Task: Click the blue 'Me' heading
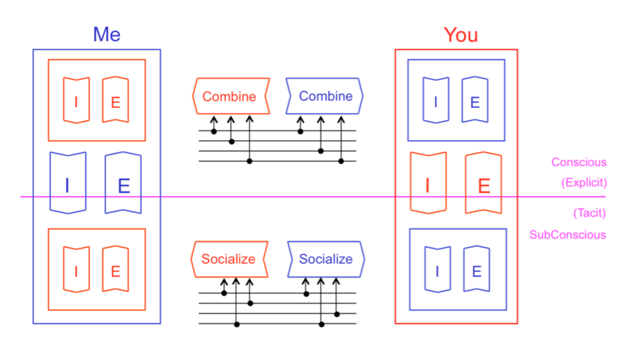(x=107, y=35)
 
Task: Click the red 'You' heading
(x=460, y=35)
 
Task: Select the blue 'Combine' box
(x=325, y=96)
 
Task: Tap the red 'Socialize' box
(x=229, y=259)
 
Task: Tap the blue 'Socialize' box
(x=326, y=259)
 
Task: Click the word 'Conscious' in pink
(x=579, y=162)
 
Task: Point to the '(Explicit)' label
(x=584, y=183)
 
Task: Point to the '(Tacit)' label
(x=589, y=213)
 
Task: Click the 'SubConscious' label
(x=568, y=235)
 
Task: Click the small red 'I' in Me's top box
(x=76, y=100)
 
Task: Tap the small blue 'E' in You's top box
(x=475, y=100)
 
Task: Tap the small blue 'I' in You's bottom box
(x=437, y=270)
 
